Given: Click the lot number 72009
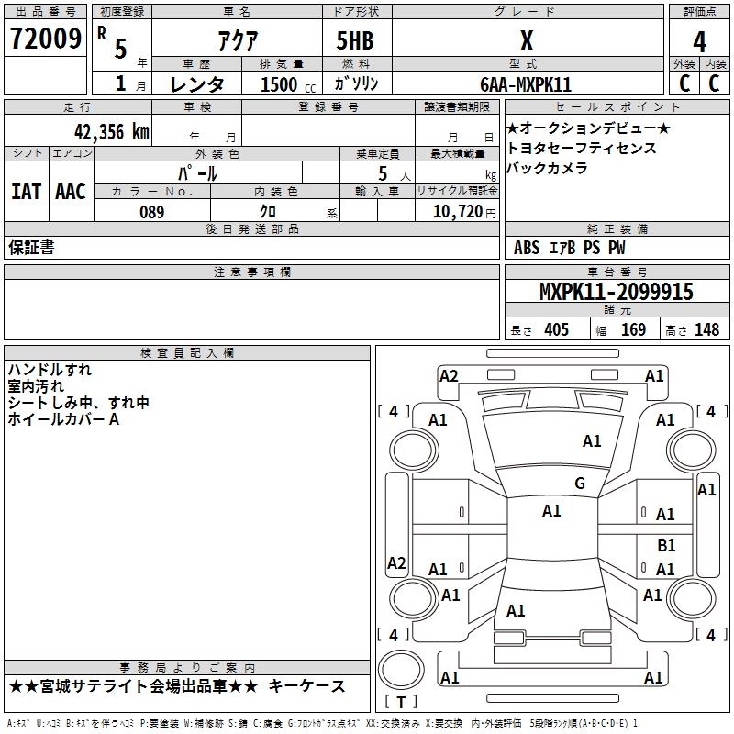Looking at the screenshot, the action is pos(45,39).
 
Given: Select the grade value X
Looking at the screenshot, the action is pos(526,40).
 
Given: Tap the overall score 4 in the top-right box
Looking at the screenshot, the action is pos(699,41).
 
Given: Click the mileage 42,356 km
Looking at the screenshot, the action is pos(108,131).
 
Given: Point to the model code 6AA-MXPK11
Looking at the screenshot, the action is pos(526,84).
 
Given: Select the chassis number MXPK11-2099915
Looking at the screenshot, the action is pos(617,293).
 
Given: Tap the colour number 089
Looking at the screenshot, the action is pos(152,212).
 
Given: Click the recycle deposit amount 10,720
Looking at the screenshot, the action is pos(455,212).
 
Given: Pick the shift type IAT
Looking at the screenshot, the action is pos(26,192).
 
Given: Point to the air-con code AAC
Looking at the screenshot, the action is pos(70,192).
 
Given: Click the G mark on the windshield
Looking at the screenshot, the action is pos(580,484).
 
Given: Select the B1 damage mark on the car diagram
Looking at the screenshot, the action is pos(666,546).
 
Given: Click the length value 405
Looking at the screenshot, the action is pos(555,330).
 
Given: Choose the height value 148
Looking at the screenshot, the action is pos(706,330).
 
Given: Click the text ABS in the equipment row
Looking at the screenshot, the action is pos(527,248).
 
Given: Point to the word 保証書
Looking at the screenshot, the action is pos(31,248).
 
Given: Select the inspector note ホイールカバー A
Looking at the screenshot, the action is pos(63,419).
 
